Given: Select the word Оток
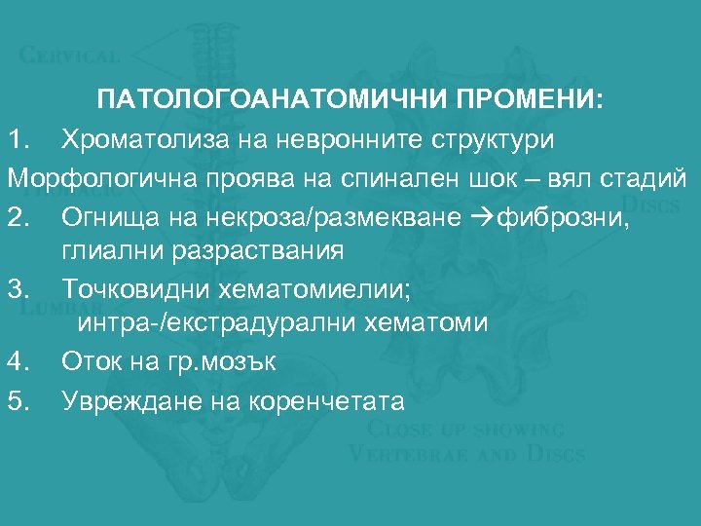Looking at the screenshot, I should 92,362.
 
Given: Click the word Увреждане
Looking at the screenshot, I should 124,400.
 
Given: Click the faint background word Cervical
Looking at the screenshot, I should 69,56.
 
